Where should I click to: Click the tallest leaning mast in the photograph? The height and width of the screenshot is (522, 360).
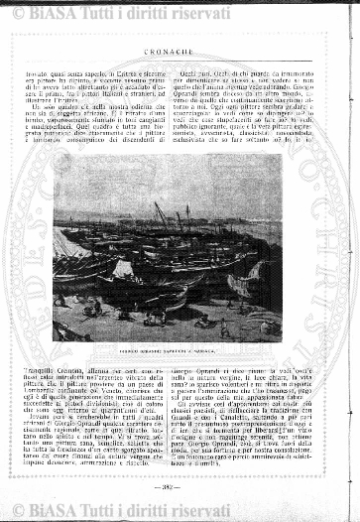coord(160,213)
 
